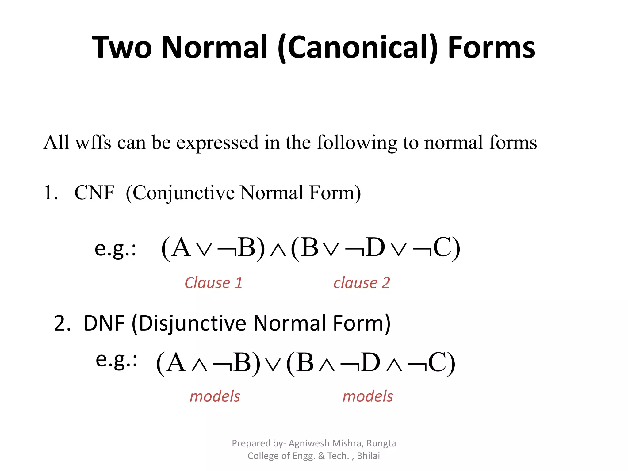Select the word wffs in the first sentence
point(93,143)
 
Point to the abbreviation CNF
point(94,193)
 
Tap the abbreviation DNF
point(104,324)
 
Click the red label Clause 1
point(213,283)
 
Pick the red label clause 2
point(362,283)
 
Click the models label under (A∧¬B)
point(215,396)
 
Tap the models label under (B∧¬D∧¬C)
point(368,396)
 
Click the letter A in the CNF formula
point(181,248)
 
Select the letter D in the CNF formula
point(375,248)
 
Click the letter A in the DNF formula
point(176,363)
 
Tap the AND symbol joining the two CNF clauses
point(278,250)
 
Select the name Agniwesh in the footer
point(309,443)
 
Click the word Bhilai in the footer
point(368,456)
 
